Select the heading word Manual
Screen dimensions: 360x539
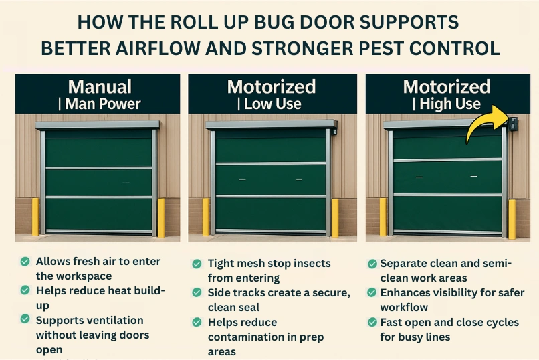100,87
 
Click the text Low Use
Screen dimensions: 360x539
272,104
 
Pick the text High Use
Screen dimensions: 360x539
449,104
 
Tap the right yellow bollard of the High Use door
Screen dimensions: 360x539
512,218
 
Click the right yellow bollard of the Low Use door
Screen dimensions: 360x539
335,217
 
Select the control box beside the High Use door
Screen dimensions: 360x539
513,124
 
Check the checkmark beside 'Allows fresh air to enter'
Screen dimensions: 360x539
25,261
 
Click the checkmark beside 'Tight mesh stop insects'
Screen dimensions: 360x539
197,264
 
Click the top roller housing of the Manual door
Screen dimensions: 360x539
98,124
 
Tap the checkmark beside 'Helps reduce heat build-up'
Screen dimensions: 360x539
25,290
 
